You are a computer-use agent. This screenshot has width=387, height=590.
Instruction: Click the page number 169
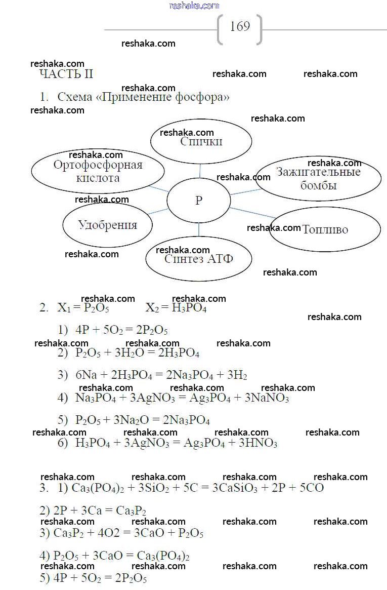[x=240, y=26]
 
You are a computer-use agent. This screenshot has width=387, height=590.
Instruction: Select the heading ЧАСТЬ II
[x=66, y=74]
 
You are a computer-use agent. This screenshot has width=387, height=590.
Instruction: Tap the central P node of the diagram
[x=199, y=201]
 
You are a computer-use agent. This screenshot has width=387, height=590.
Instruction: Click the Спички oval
[x=201, y=142]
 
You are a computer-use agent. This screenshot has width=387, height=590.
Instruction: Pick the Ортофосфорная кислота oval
[x=98, y=171]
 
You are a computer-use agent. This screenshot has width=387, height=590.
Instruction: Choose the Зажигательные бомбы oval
[x=318, y=178]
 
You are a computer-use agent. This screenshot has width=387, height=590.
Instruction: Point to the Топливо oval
[x=325, y=229]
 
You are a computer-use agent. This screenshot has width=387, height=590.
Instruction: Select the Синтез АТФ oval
[x=199, y=259]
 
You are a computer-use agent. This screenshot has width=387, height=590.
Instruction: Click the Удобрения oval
[x=107, y=225]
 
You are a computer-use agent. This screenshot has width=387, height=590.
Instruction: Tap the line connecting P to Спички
[x=200, y=171]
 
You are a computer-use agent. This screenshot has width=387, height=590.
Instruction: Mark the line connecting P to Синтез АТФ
[x=199, y=230]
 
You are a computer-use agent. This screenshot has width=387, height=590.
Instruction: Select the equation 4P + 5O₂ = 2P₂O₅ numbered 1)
[x=121, y=330]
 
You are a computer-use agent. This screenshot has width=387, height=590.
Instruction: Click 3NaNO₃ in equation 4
[x=267, y=398]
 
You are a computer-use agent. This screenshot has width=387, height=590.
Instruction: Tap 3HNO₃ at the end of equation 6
[x=257, y=443]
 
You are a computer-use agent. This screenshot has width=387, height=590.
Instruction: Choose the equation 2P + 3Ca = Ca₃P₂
[x=93, y=510]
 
